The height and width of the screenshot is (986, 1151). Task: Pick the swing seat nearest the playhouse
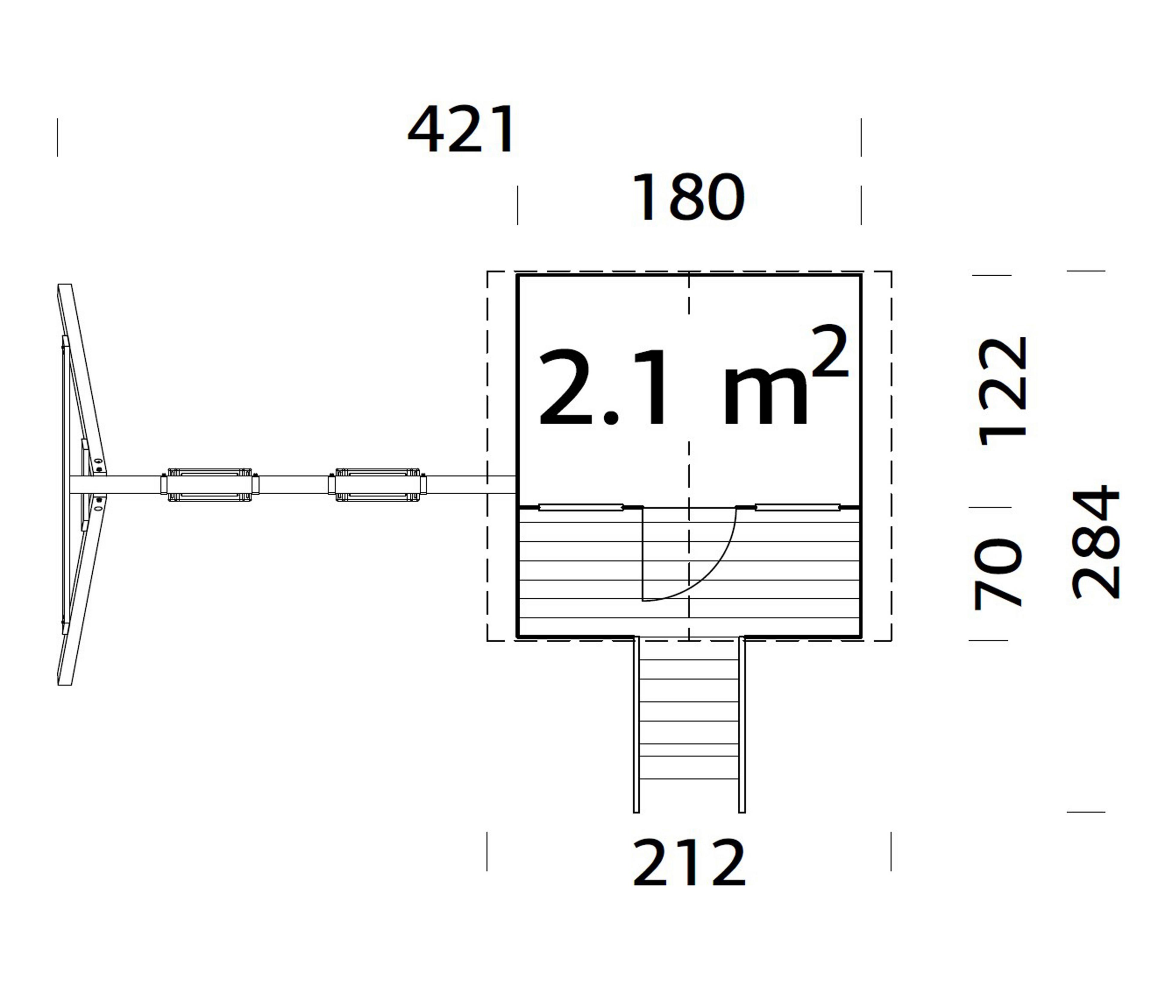pos(378,485)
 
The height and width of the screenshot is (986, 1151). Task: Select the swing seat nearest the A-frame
pos(210,485)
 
